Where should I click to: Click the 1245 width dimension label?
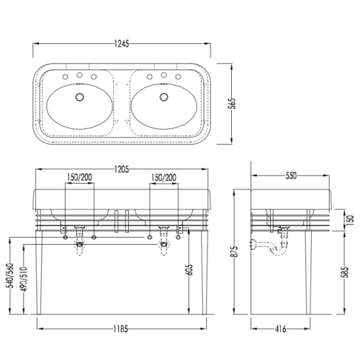(122, 44)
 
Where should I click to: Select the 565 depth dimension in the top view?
(232, 104)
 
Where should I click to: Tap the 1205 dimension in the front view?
(122, 169)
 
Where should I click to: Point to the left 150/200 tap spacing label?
(79, 177)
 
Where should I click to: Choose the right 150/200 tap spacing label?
(164, 178)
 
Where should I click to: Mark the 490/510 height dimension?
(24, 279)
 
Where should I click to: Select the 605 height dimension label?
(189, 270)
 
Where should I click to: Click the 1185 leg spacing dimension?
(121, 329)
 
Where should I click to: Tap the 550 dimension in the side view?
(291, 176)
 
